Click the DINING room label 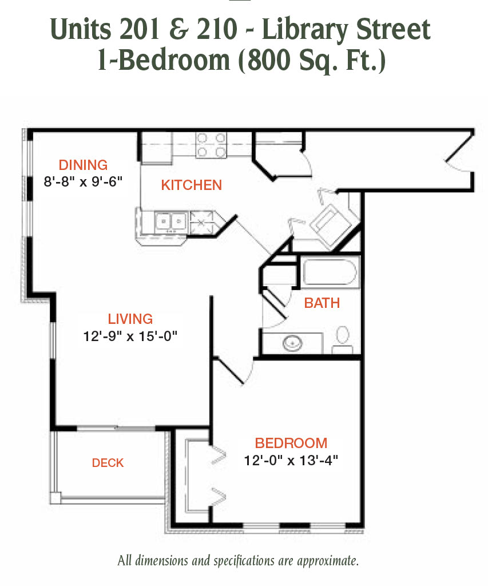pos(83,165)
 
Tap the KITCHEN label pos(191,185)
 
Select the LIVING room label pos(130,319)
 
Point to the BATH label pos(322,303)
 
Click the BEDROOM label pos(291,443)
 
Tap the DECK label pos(108,462)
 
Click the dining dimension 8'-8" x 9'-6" pos(83,181)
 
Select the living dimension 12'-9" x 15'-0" pos(130,336)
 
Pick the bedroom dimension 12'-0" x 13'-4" pos(291,460)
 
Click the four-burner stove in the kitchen pos(211,145)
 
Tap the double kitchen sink pos(170,222)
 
